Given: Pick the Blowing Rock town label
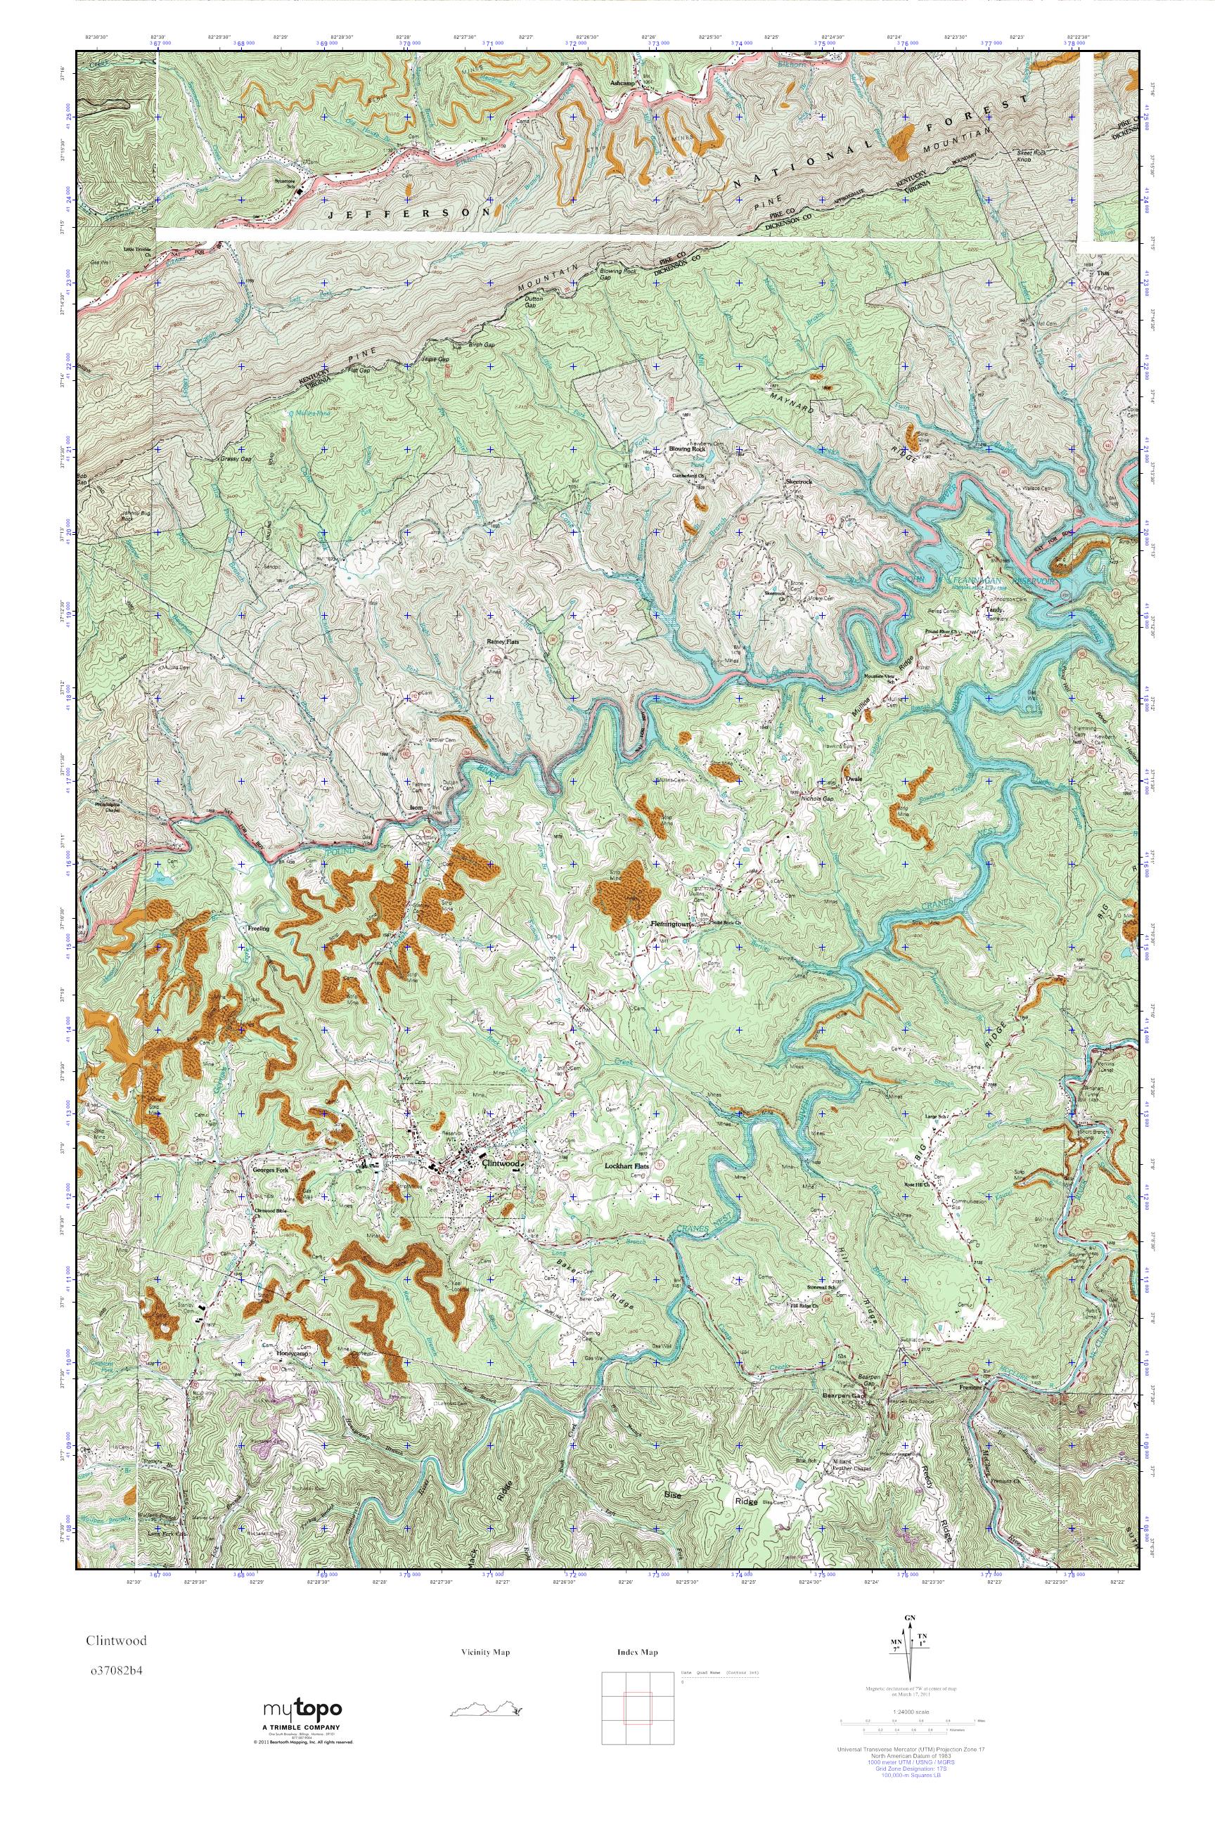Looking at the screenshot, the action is click(x=688, y=448).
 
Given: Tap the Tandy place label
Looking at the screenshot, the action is click(x=994, y=609).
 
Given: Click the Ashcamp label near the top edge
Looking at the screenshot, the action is click(x=623, y=83).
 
